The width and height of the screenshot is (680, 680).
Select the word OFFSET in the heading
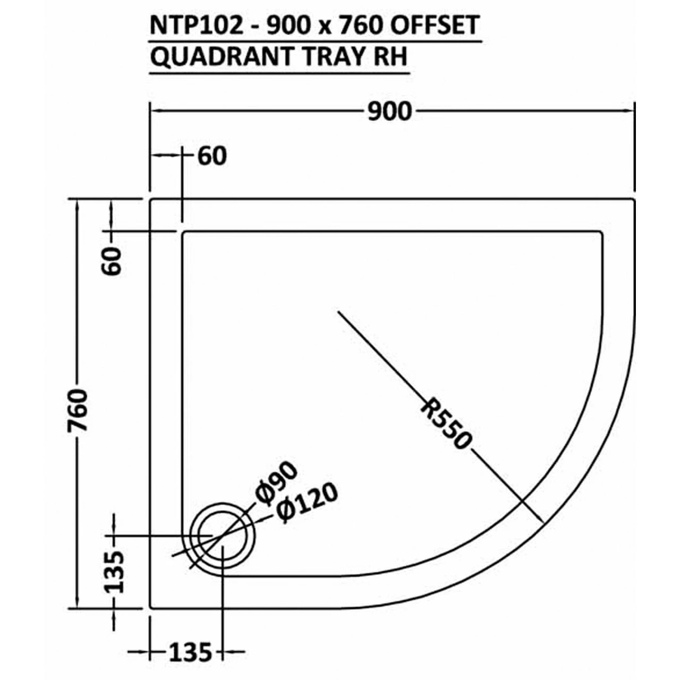435,25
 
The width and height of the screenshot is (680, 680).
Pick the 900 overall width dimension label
389,112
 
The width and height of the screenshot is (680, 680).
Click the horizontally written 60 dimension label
211,156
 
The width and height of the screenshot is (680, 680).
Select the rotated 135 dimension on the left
114,572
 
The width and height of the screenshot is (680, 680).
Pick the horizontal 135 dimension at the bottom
190,651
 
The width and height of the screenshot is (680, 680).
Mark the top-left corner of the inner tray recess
184,232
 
